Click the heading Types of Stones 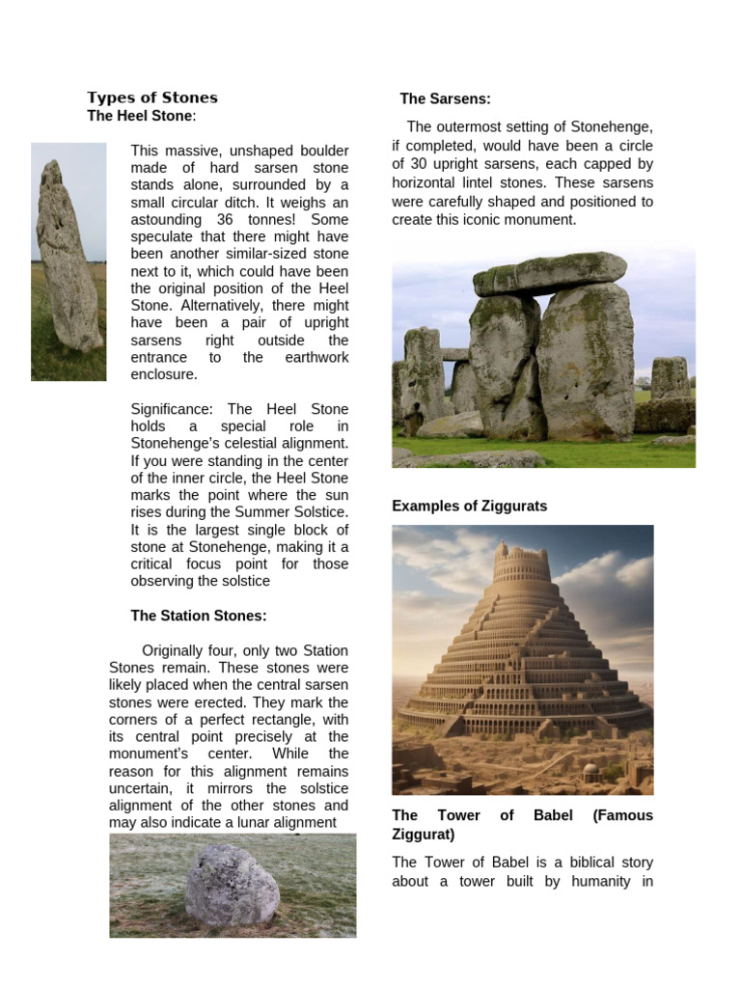click(x=152, y=97)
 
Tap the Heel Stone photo click(x=69, y=261)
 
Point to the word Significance click(x=171, y=409)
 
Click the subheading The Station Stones click(x=199, y=616)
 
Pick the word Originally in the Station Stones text click(x=180, y=651)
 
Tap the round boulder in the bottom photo click(x=232, y=886)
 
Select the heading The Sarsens click(x=445, y=98)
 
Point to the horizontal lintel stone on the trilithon click(x=549, y=272)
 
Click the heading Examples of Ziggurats click(x=469, y=507)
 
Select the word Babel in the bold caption click(x=554, y=815)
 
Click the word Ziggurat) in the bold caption click(x=424, y=834)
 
